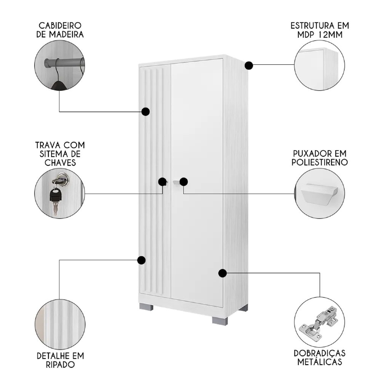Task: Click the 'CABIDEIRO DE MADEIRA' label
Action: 60,30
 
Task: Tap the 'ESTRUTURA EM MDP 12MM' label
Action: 320,30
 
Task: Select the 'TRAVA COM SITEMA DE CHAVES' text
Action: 60,154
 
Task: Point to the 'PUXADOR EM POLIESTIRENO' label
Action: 320,158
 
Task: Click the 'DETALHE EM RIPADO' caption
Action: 60,360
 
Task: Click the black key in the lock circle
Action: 56,196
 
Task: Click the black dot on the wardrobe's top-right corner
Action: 248,66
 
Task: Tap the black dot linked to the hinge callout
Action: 223,273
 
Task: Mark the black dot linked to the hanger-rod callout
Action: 145,112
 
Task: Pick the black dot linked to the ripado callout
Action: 141,260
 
